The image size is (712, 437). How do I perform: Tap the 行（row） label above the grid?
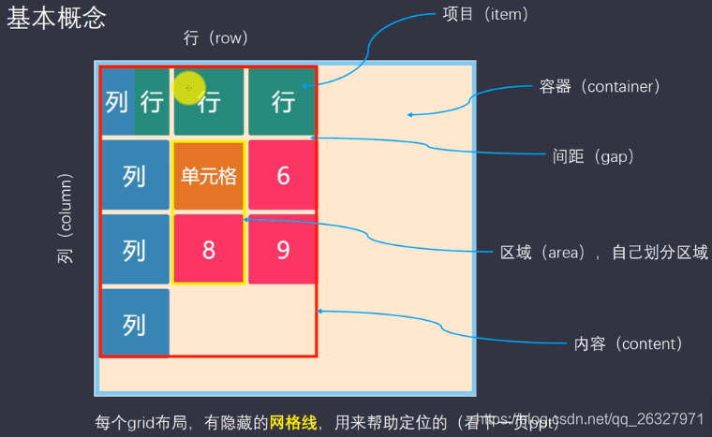[216, 38]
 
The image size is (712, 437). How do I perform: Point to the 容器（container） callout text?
[601, 86]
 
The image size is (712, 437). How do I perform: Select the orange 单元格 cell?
[208, 175]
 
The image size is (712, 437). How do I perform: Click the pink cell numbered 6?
[283, 175]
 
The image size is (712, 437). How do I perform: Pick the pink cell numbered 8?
[208, 249]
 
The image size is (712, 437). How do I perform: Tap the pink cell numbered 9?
[283, 249]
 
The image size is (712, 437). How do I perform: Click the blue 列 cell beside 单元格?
[135, 175]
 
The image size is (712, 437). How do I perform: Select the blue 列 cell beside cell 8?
[135, 249]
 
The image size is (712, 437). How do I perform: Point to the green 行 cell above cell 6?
[283, 101]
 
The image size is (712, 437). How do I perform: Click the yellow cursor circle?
[188, 87]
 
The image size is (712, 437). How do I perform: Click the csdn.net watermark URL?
[599, 419]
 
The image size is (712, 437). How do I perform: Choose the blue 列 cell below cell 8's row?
[135, 323]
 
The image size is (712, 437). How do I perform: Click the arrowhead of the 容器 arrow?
[409, 115]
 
